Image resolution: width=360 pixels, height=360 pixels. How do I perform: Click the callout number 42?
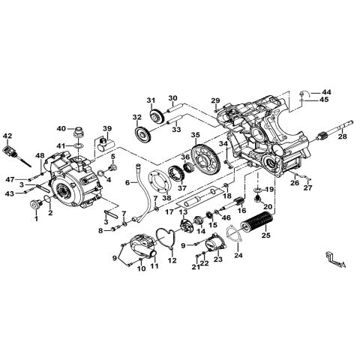coord(8,136)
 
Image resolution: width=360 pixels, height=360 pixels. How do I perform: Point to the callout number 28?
coord(341,137)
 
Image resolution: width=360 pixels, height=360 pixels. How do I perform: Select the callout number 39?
coord(107,127)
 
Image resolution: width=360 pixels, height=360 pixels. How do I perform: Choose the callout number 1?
coord(34,219)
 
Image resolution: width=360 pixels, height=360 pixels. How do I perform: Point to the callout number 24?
coord(239,255)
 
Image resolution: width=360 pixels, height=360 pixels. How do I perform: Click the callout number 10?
coord(140,268)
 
